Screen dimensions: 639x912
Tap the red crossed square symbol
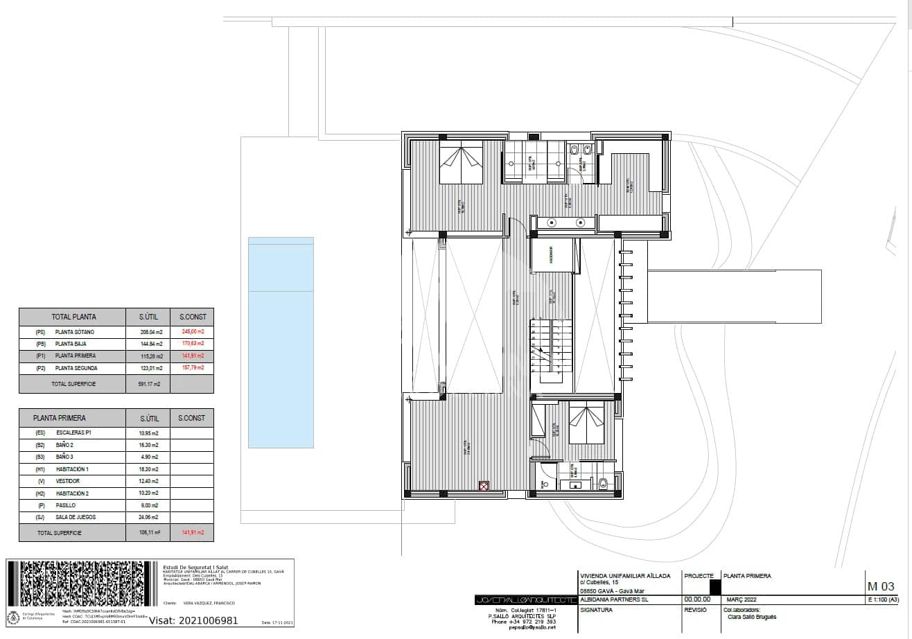click(x=484, y=487)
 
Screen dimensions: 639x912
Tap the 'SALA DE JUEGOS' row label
click(x=76, y=517)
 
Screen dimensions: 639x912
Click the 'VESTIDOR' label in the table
click(x=68, y=481)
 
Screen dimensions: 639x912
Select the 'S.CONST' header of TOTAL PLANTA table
click(x=192, y=317)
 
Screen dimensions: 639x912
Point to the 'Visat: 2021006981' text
click(x=193, y=620)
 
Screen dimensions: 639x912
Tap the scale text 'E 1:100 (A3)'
click(x=884, y=599)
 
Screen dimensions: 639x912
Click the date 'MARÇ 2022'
click(x=742, y=599)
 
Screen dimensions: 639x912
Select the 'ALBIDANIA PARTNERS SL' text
click(x=614, y=599)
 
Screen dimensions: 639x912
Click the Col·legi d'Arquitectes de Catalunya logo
click(x=13, y=616)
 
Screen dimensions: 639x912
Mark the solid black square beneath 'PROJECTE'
click(x=705, y=586)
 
